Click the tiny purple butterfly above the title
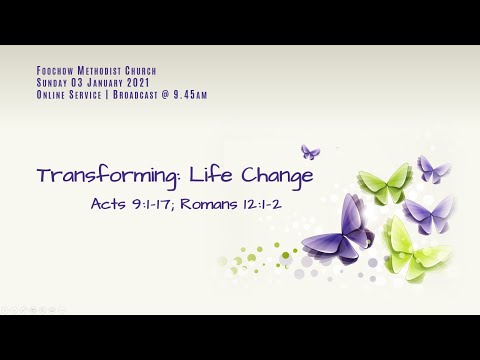pos(310,152)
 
